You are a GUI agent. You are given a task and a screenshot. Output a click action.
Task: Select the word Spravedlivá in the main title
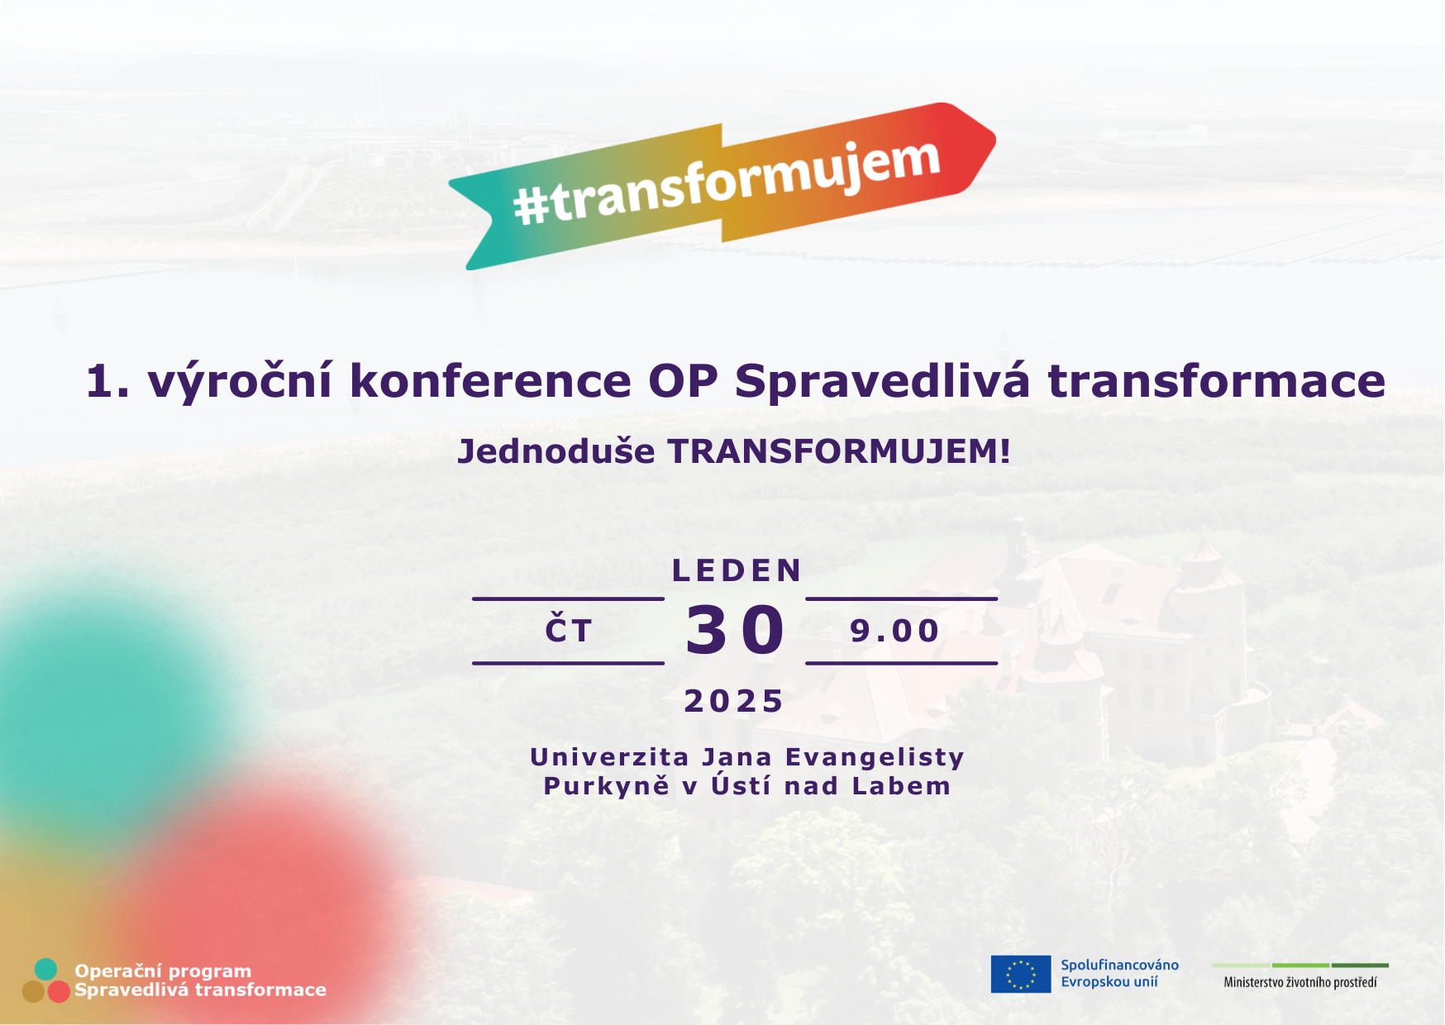point(882,382)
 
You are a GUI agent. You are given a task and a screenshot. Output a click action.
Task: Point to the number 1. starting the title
point(107,382)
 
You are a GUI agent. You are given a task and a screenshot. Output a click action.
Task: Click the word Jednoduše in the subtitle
point(556,451)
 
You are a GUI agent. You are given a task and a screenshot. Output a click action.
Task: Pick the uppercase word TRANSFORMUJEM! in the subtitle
point(838,451)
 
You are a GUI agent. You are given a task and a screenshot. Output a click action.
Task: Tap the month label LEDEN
point(737,570)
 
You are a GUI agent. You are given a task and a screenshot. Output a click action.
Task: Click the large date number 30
point(735,631)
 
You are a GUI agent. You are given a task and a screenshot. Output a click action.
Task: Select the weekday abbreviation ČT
point(569,631)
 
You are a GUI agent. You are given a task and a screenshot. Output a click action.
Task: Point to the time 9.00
point(894,631)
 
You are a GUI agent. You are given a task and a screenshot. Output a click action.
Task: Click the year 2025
point(734,701)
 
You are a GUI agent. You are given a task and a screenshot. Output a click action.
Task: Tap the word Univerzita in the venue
point(609,757)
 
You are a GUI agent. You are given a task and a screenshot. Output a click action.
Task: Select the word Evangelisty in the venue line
point(875,757)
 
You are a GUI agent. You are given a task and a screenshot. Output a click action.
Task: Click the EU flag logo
point(1020,974)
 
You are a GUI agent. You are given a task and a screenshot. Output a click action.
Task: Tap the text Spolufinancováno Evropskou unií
point(1119,973)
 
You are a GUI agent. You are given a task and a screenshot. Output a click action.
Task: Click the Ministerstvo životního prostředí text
point(1300,982)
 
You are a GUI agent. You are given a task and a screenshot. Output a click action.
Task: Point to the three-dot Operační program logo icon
point(45,981)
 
